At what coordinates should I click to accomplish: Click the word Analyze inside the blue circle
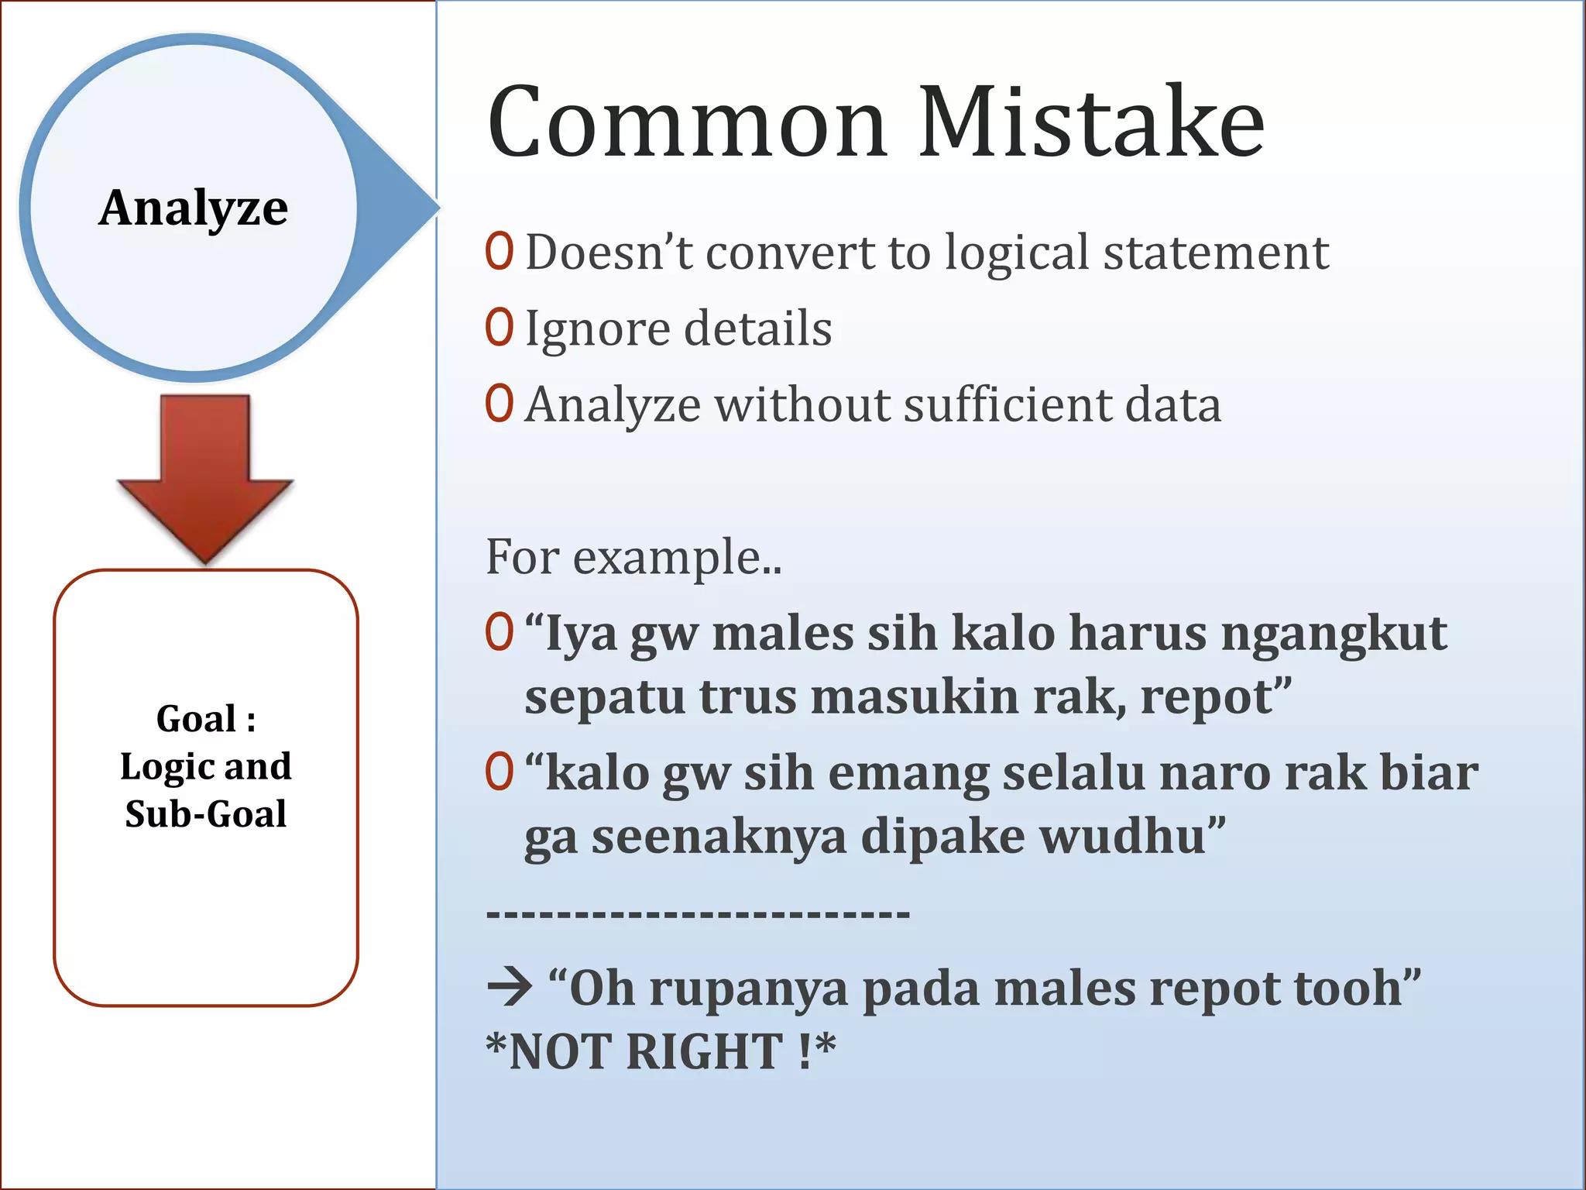194,208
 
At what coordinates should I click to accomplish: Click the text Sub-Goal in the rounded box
206,813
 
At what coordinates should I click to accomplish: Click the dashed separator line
697,915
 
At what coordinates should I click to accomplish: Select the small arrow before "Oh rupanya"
510,987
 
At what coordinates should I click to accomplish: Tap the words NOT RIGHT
646,1051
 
